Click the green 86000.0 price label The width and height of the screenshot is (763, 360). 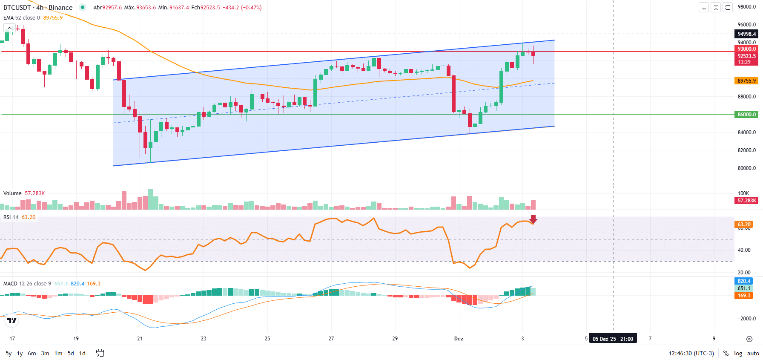[x=747, y=114]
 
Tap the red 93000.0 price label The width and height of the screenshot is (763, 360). [x=747, y=49]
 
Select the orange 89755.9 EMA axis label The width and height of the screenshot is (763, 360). [x=747, y=81]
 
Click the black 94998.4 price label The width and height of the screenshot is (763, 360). [x=747, y=34]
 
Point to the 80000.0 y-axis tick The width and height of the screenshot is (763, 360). [x=747, y=168]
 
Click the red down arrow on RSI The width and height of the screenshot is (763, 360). [x=533, y=219]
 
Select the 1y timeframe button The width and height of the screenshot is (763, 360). [x=20, y=353]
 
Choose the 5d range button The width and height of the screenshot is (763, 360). [x=71, y=353]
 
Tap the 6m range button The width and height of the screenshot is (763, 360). [x=32, y=353]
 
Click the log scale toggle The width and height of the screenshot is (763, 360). [x=738, y=353]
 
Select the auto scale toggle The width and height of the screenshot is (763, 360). [x=753, y=353]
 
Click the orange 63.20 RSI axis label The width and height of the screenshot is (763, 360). [x=744, y=225]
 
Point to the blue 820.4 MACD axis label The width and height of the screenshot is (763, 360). [x=744, y=281]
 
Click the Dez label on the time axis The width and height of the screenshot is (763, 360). [x=459, y=339]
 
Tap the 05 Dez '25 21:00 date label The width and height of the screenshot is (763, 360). [x=613, y=339]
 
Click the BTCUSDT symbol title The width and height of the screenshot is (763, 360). [x=17, y=8]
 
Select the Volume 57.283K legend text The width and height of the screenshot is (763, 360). [x=24, y=193]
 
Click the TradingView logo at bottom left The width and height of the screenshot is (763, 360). [x=12, y=320]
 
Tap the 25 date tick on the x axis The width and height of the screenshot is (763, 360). [x=267, y=339]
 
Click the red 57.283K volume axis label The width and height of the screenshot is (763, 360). [x=747, y=201]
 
